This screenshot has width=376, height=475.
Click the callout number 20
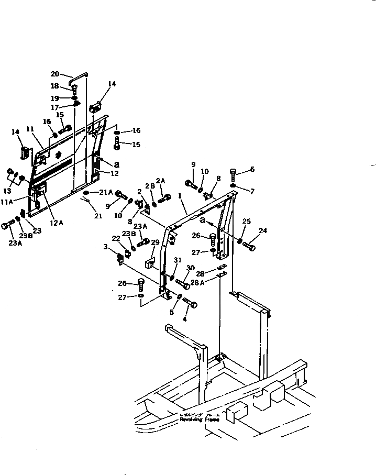click(x=55, y=74)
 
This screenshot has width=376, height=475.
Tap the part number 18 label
click(x=54, y=86)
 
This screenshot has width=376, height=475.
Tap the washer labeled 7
click(x=233, y=185)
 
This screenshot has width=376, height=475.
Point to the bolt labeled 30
click(x=183, y=284)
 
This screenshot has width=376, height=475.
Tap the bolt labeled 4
click(x=191, y=303)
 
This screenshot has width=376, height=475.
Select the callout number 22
click(x=116, y=239)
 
